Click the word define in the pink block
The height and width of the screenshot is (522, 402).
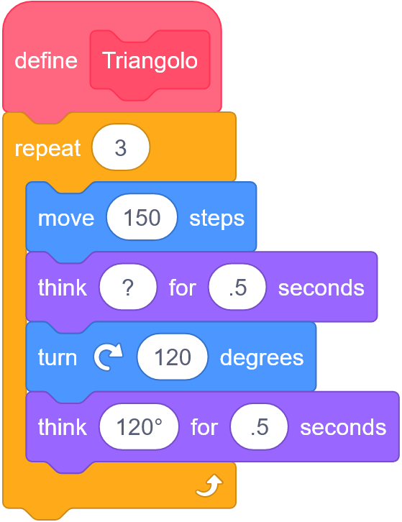[x=46, y=60]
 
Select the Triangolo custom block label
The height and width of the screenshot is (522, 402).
[x=150, y=61]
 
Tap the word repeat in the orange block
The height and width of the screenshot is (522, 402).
[x=47, y=149]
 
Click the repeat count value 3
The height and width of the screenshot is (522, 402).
[x=121, y=147]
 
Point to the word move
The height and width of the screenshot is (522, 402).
[x=66, y=219]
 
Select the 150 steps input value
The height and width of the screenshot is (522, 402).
[x=142, y=217]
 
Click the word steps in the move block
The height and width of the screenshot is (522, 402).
[x=216, y=219]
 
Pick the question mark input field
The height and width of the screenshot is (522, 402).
[x=128, y=288]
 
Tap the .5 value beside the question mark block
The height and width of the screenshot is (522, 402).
[x=237, y=288]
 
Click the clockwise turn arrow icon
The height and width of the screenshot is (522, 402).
[x=108, y=357]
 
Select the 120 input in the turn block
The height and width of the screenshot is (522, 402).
[x=173, y=357]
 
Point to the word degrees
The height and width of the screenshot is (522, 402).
[x=262, y=359]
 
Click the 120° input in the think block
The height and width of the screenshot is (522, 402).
[x=140, y=427]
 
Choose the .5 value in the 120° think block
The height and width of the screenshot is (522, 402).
[x=259, y=427]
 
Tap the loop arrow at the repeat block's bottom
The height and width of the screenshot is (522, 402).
[x=210, y=485]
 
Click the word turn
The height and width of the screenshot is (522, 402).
[x=58, y=358]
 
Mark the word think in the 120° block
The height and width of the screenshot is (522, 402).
[x=63, y=427]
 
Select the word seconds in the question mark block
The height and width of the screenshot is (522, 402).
[x=321, y=288]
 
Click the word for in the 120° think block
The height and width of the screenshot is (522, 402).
[x=204, y=427]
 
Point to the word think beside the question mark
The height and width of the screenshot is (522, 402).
[x=63, y=288]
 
